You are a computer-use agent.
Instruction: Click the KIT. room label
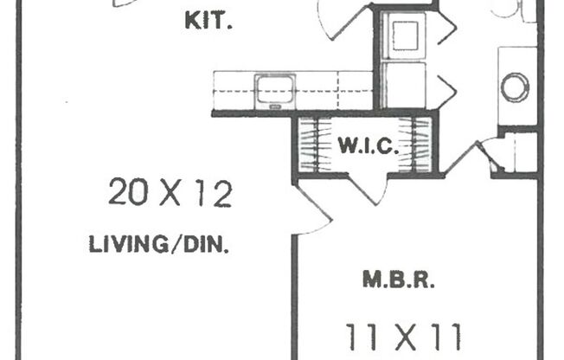point(208,21)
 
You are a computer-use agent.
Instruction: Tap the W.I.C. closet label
point(368,145)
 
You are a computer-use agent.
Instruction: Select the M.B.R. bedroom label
point(399,280)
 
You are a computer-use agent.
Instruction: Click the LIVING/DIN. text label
point(158,244)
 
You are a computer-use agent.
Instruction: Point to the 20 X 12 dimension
point(170,193)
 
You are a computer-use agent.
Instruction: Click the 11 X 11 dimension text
point(403,337)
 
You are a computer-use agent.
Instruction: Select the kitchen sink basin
point(275,89)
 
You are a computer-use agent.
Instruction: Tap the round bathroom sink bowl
point(515,87)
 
